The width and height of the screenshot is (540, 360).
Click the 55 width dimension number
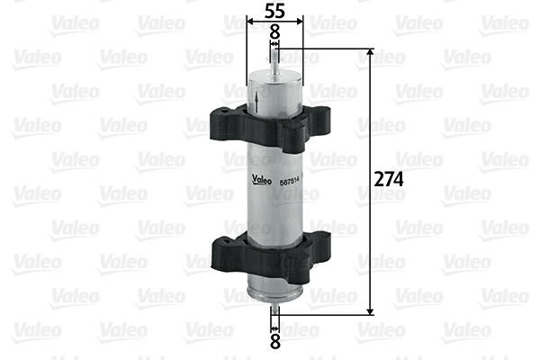click(275, 12)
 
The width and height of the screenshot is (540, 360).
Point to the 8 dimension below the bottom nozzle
click(275, 341)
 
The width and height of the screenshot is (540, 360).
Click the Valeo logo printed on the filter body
click(264, 176)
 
